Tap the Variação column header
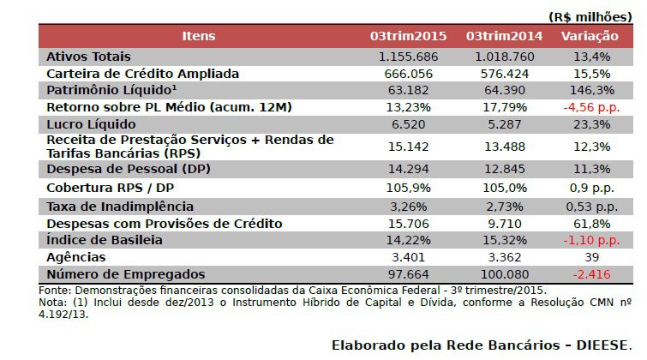coord(590,36)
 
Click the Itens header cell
coord(199,36)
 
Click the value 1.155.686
coord(408,56)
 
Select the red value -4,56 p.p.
coord(590,107)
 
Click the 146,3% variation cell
coord(590,90)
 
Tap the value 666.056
coord(408,73)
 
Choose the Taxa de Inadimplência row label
coord(120,207)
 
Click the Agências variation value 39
coord(590,257)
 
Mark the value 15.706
coord(408,224)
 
